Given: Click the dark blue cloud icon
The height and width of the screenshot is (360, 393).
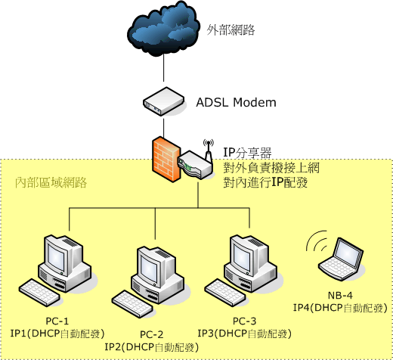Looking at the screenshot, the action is [x=163, y=29].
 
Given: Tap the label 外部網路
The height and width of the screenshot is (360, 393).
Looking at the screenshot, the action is [x=231, y=30].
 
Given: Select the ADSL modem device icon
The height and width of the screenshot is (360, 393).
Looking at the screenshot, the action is [x=164, y=101].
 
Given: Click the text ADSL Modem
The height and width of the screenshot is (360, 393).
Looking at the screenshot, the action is [x=236, y=103].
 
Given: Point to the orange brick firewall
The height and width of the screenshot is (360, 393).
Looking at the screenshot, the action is [x=166, y=160].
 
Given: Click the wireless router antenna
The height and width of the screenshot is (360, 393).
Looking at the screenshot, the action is [x=209, y=151].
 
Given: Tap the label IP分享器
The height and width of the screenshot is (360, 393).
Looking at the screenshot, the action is [x=247, y=153].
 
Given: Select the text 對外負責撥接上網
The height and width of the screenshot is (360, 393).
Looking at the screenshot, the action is [x=271, y=168].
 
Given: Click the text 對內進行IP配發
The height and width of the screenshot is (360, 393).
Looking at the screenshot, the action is [x=265, y=182].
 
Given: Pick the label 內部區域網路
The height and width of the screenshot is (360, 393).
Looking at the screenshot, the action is [x=51, y=182].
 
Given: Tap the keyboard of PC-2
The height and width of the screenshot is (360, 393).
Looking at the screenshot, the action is [x=132, y=304].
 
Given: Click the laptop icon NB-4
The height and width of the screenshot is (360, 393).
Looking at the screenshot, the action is [x=341, y=259].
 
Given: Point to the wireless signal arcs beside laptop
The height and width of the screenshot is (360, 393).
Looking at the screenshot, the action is [x=316, y=241].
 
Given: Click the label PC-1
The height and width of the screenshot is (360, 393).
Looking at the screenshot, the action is [x=57, y=321].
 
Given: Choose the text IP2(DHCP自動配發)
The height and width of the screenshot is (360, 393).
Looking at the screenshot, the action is [x=152, y=347].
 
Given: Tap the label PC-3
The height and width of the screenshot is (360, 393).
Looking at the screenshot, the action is [x=244, y=321].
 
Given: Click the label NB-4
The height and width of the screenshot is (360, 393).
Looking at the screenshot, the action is [x=340, y=295].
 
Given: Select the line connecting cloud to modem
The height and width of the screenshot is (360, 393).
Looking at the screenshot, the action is [x=164, y=67].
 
